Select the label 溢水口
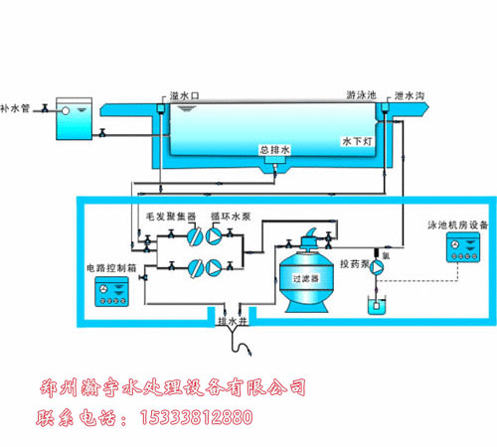187,95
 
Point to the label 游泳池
360,96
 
